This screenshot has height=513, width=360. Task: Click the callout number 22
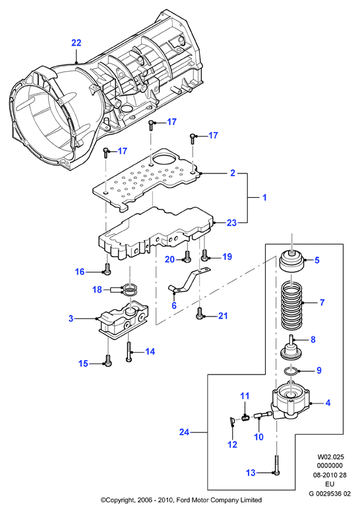(76, 43)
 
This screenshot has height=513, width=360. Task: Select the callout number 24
(184, 432)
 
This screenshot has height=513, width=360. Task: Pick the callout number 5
(316, 260)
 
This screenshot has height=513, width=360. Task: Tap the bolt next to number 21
(200, 313)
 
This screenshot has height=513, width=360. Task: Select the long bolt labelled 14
(129, 351)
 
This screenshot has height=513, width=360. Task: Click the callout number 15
(84, 363)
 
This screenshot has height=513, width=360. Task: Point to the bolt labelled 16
(107, 268)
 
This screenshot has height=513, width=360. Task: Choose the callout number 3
(71, 318)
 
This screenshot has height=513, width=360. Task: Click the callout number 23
(231, 223)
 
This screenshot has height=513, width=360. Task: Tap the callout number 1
(265, 198)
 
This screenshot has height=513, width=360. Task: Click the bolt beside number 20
(188, 256)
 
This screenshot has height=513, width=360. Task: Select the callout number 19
(227, 256)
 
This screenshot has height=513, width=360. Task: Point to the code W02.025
(330, 457)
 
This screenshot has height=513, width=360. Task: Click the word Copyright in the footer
(119, 500)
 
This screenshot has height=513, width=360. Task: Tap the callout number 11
(245, 396)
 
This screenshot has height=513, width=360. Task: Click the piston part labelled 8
(291, 347)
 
